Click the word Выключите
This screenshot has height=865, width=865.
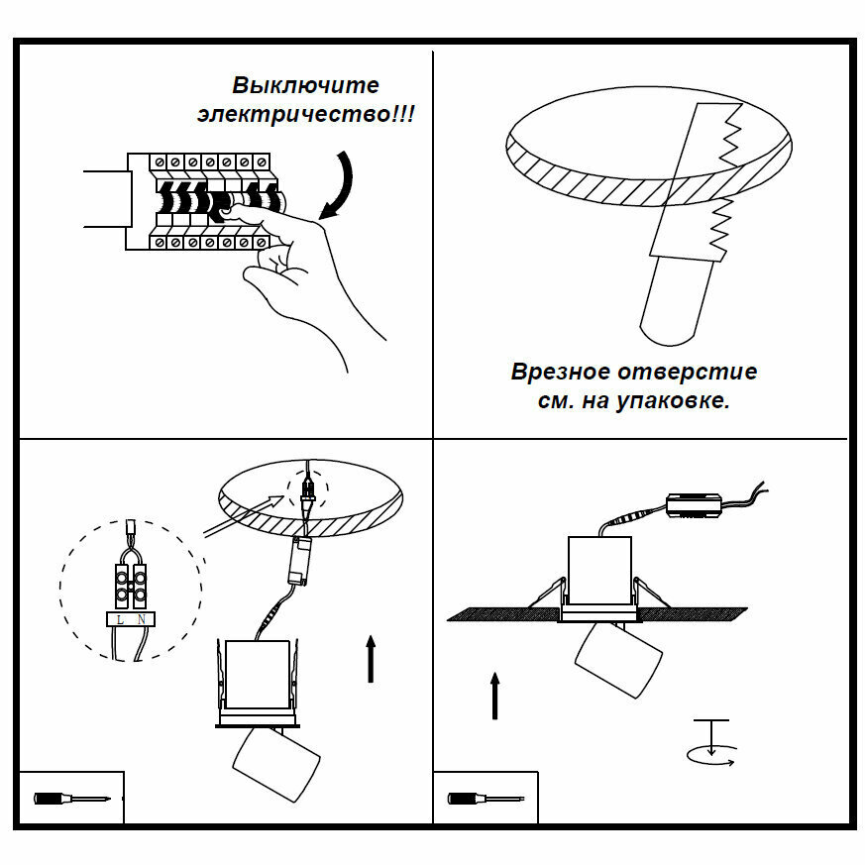tap(305, 86)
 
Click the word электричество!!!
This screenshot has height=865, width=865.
tap(306, 114)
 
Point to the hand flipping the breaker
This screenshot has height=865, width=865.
tap(297, 268)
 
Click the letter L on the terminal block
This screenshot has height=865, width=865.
tap(120, 619)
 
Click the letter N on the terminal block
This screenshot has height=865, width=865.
tap(142, 619)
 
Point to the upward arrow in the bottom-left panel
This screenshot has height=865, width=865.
tap(372, 659)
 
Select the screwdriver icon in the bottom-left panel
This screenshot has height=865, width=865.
tap(69, 798)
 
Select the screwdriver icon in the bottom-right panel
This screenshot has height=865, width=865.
tap(485, 798)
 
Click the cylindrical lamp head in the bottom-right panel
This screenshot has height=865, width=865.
tap(618, 658)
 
